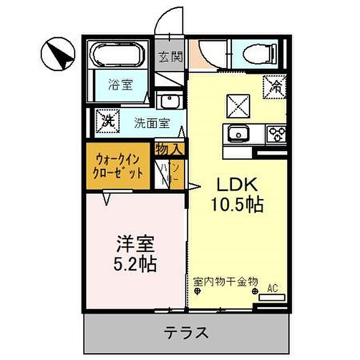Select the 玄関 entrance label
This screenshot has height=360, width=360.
170,57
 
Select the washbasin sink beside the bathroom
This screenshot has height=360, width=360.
168,101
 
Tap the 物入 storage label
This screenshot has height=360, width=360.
169,150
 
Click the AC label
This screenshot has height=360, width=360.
272,289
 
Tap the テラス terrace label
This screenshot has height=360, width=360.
187,332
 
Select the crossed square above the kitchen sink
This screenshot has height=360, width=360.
237,106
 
